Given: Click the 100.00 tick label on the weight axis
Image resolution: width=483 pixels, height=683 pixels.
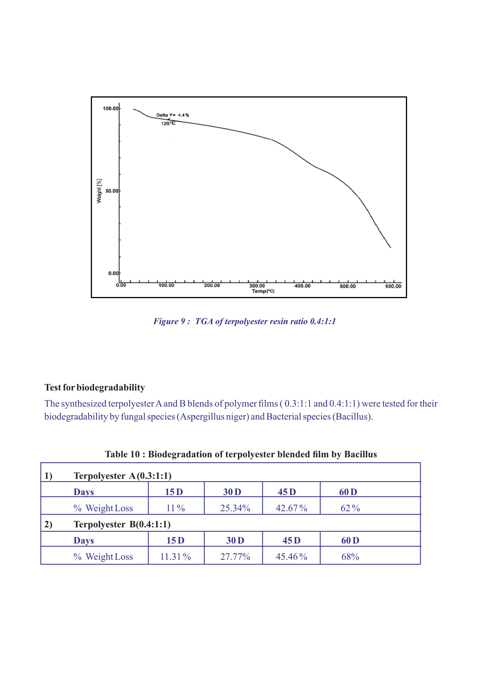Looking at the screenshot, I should pyautogui.click(x=111, y=108).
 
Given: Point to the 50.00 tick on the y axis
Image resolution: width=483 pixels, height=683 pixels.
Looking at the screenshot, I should pyautogui.click(x=112, y=191).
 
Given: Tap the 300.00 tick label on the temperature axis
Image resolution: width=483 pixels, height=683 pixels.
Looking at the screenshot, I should pyautogui.click(x=257, y=286).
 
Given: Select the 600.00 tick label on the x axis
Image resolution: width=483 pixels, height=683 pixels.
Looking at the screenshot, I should pyautogui.click(x=393, y=286).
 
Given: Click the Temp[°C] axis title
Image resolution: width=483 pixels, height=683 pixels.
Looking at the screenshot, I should pyautogui.click(x=263, y=291).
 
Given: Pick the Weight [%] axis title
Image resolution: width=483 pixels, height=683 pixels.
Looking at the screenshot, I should pyautogui.click(x=99, y=191).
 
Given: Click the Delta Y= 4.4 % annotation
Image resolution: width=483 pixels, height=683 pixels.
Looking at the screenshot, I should pyautogui.click(x=173, y=115).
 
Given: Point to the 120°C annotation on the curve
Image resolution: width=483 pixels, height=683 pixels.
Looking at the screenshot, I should pyautogui.click(x=168, y=123).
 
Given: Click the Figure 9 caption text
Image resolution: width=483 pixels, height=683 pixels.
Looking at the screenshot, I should pyautogui.click(x=244, y=321).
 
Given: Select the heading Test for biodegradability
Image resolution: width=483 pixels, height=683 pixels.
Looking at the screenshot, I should pyautogui.click(x=95, y=387).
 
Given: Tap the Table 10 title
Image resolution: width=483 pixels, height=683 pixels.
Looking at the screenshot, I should pyautogui.click(x=241, y=454).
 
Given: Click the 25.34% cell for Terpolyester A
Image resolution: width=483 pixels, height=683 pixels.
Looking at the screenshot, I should pyautogui.click(x=235, y=508).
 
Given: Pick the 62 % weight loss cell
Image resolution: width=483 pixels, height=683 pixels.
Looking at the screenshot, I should pyautogui.click(x=350, y=508).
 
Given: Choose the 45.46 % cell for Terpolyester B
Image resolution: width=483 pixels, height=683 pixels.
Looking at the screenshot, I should pyautogui.click(x=291, y=557).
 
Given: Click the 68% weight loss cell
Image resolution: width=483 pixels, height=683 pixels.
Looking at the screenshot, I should pyautogui.click(x=350, y=557).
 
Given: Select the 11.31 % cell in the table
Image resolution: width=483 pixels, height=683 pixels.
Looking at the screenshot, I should pyautogui.click(x=176, y=557).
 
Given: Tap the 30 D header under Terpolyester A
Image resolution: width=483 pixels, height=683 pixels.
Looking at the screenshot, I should pyautogui.click(x=232, y=492).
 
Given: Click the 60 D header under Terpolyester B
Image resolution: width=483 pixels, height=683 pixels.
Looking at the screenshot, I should pyautogui.click(x=350, y=541).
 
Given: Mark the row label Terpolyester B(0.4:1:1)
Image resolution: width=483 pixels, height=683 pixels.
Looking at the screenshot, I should pyautogui.click(x=122, y=524).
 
